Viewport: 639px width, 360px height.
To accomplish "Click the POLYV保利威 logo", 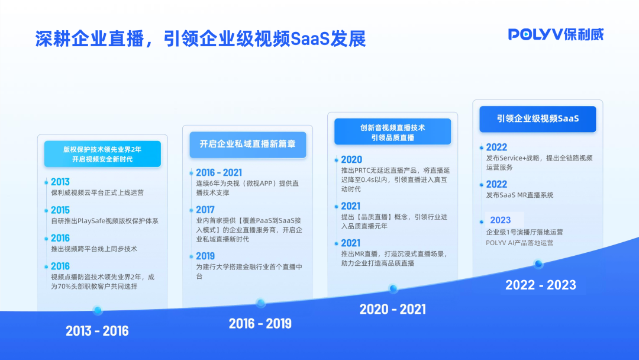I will tap(556, 34).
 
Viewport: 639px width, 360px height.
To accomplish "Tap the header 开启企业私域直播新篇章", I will tap(248, 144).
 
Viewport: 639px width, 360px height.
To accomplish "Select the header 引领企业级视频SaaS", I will tap(538, 118).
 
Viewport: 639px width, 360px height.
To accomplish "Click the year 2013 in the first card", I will tap(60, 182).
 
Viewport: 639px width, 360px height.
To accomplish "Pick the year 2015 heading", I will tap(60, 210).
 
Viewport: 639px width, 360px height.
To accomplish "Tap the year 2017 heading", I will tap(205, 210).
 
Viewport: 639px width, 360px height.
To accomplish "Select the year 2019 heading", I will tap(205, 256).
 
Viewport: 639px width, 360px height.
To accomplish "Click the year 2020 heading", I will tap(351, 159).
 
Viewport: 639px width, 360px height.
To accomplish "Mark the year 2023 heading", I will tap(500, 220).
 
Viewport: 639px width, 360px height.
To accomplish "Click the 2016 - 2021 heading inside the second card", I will tap(219, 172).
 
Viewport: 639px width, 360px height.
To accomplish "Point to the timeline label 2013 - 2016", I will tap(97, 330).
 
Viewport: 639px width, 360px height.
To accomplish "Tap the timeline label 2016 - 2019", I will tap(260, 323).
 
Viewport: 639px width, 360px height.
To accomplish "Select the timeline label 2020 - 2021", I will tap(393, 309).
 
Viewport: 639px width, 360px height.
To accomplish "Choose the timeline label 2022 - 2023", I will tap(540, 285).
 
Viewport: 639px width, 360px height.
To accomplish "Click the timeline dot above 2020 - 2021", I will tap(393, 289).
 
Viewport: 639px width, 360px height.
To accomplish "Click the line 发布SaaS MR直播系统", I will tap(519, 195).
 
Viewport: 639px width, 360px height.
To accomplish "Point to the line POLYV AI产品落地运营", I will tap(520, 243).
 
